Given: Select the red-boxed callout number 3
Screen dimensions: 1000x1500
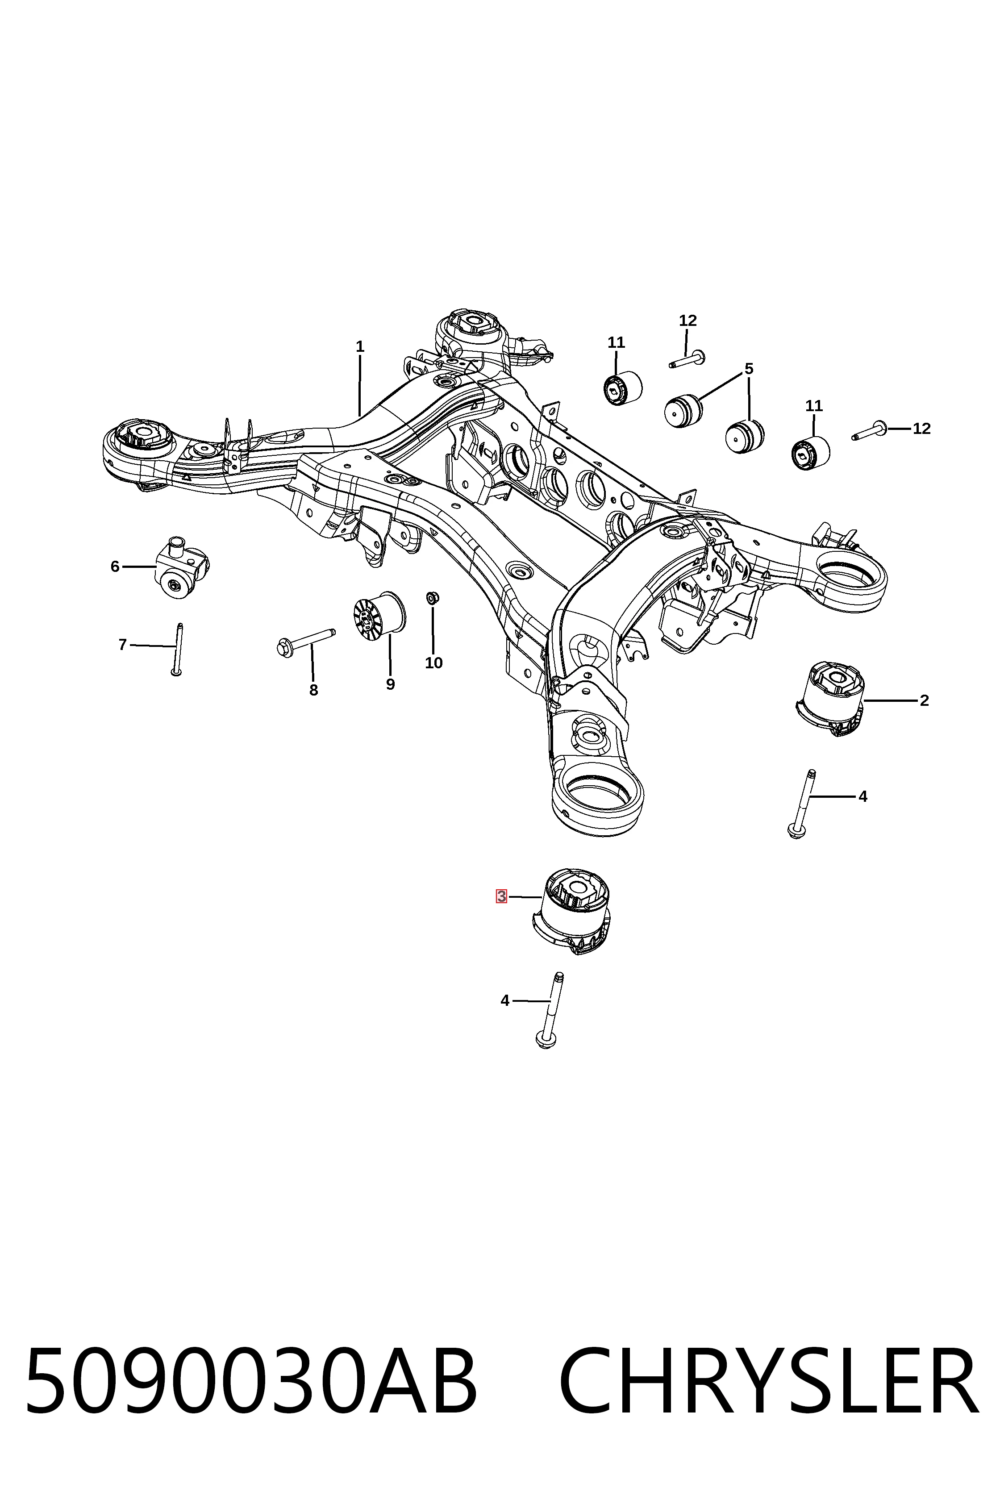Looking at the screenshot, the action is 501,897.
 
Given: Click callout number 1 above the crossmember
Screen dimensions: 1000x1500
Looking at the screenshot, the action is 360,346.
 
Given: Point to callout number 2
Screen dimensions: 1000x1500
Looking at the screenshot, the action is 924,700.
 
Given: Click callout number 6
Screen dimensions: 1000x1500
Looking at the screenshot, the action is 115,567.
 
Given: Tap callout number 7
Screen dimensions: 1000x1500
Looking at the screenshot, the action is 122,645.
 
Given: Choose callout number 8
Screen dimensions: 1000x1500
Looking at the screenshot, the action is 313,690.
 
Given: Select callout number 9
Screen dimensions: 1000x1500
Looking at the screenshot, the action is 390,684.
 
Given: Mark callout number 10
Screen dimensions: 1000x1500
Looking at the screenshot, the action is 433,662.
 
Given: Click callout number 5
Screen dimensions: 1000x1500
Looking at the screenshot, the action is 749,369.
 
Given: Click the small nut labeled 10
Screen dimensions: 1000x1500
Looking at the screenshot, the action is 432,598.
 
